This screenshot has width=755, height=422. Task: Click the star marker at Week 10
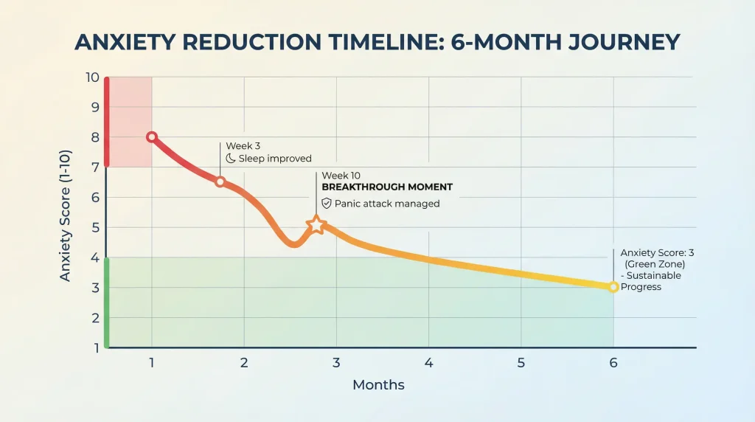click(x=316, y=224)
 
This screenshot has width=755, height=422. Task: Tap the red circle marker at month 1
click(x=152, y=137)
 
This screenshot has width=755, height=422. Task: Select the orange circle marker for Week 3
click(x=220, y=181)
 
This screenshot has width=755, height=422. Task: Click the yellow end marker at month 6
click(x=613, y=287)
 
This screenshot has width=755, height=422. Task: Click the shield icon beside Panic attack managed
click(x=327, y=204)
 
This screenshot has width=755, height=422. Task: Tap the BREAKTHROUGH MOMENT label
click(x=387, y=187)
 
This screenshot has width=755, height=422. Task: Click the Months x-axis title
click(x=378, y=385)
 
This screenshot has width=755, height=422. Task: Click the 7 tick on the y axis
click(x=94, y=167)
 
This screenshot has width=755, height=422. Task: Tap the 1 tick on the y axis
click(x=94, y=347)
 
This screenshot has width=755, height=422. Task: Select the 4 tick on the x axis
click(x=428, y=363)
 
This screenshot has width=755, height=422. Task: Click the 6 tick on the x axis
click(x=613, y=363)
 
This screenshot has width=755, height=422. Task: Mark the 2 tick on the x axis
click(x=244, y=363)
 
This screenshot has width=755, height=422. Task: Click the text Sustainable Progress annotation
click(x=641, y=281)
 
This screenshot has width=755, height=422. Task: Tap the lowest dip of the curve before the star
click(x=293, y=245)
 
